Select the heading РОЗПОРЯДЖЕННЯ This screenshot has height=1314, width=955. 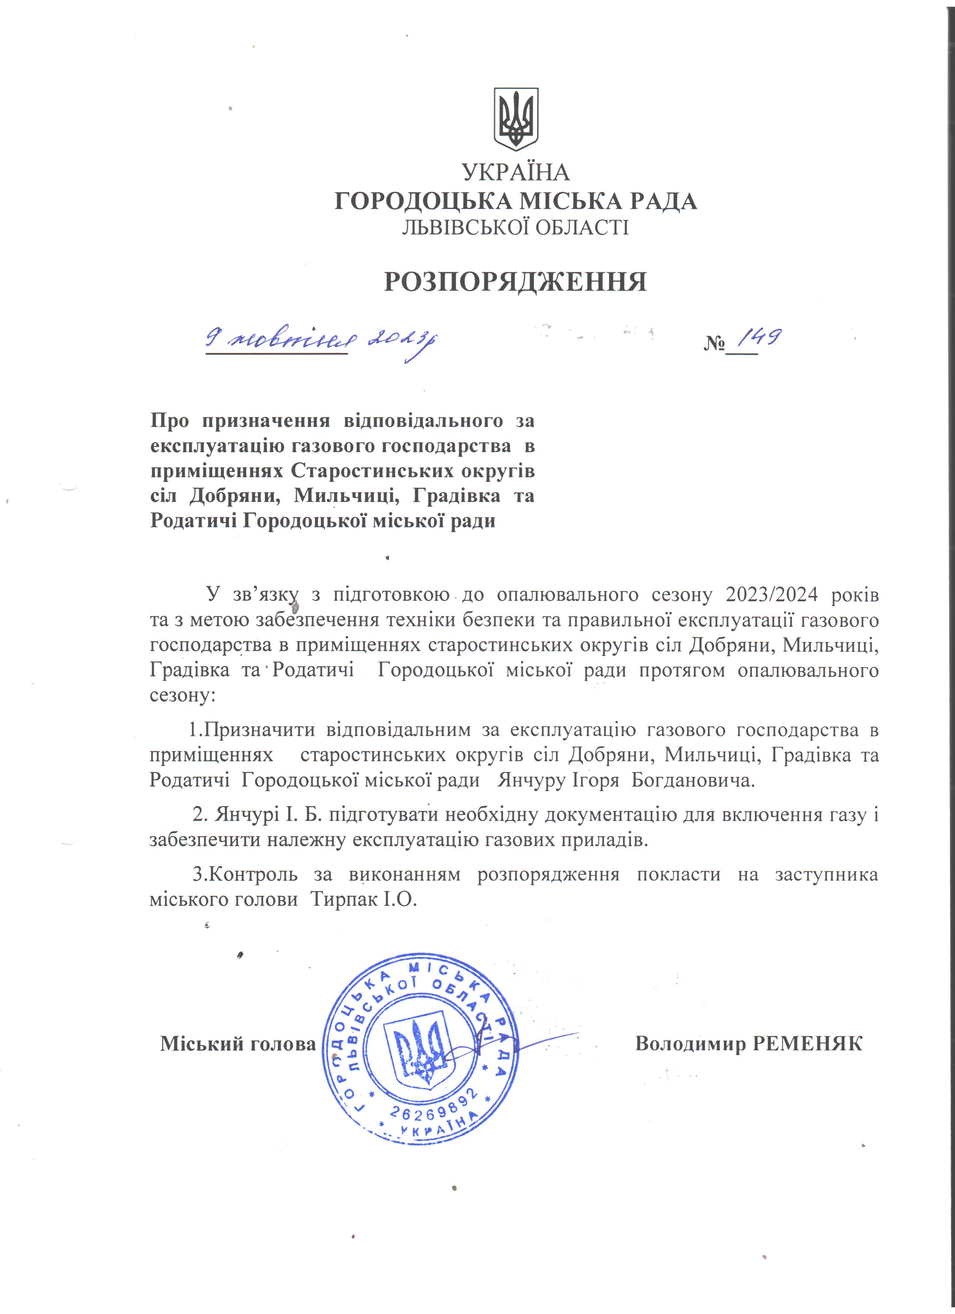tap(515, 282)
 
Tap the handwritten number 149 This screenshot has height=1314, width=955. tap(761, 338)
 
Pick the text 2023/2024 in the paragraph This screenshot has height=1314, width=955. tap(771, 594)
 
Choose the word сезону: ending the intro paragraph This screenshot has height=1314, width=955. tap(182, 695)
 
